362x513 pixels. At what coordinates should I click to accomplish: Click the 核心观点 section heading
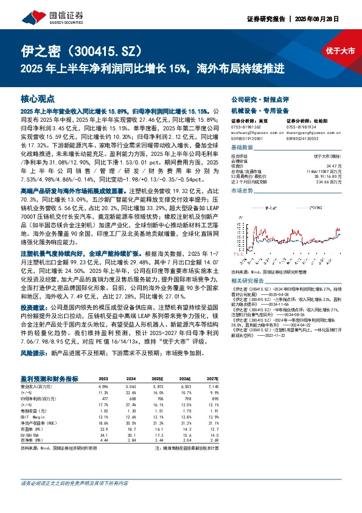pyautogui.click(x=37, y=98)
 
